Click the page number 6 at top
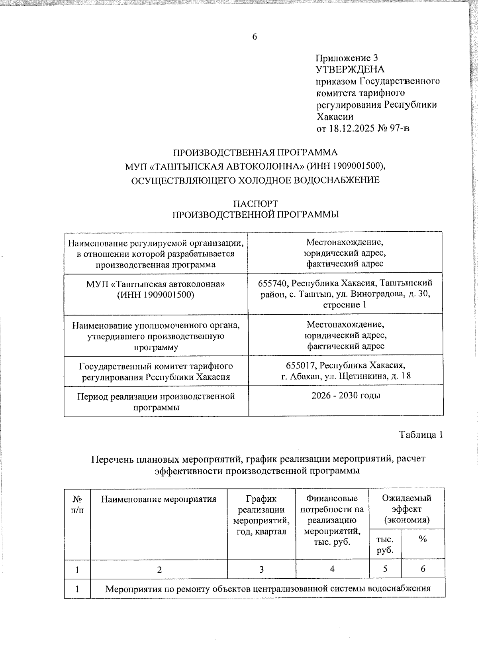click(x=255, y=37)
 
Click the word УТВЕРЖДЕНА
click(x=350, y=69)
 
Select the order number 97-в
click(x=400, y=128)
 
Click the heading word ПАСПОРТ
click(x=255, y=203)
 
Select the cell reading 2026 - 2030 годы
click(x=346, y=396)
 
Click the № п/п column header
click(x=77, y=504)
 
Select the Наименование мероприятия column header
click(x=159, y=499)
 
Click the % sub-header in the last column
click(x=423, y=539)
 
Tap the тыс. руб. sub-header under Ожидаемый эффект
click(x=385, y=544)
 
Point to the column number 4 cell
click(x=332, y=569)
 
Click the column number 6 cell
click(x=423, y=569)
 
